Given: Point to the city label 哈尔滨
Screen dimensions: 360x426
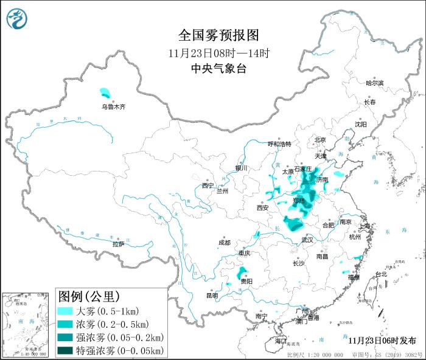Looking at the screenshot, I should (375, 83).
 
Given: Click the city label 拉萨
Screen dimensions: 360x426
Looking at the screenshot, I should (118, 244).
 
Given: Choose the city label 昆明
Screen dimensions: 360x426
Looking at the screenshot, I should (212, 296).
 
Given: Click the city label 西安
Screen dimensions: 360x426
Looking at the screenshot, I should (262, 207).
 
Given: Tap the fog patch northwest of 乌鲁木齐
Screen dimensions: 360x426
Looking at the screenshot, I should (106, 94).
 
